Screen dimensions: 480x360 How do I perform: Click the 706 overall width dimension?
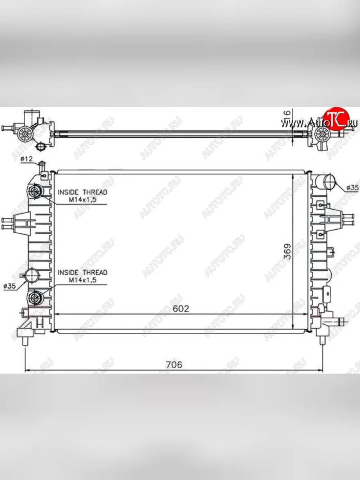[x=174, y=364]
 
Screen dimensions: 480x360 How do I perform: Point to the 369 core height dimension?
[x=287, y=251]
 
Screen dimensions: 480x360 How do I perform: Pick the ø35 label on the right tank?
[x=352, y=187]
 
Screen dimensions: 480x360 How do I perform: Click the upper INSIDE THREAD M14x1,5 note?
[x=82, y=196]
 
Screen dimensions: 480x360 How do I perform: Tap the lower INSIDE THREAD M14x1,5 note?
[x=82, y=276]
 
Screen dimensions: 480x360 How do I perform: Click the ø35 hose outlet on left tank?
[x=32, y=275]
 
